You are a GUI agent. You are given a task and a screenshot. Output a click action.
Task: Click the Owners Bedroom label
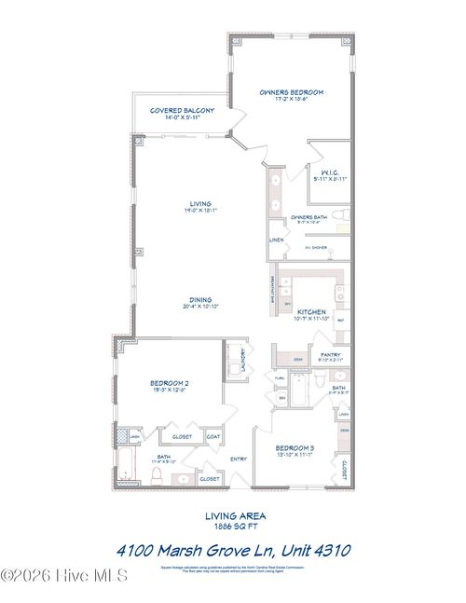[x=291, y=92]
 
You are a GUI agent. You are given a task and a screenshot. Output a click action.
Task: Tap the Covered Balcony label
[x=183, y=110]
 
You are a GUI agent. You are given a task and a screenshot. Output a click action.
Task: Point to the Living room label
[x=200, y=203]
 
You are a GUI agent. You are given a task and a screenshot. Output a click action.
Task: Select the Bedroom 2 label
[x=170, y=383]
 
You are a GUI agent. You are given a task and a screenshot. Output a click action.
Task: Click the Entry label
[x=238, y=458]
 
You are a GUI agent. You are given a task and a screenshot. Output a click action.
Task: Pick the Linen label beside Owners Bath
[x=277, y=240]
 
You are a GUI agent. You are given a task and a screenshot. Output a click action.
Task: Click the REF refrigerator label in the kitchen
[x=340, y=321]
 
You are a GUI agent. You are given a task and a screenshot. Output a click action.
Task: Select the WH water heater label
[x=281, y=398]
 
